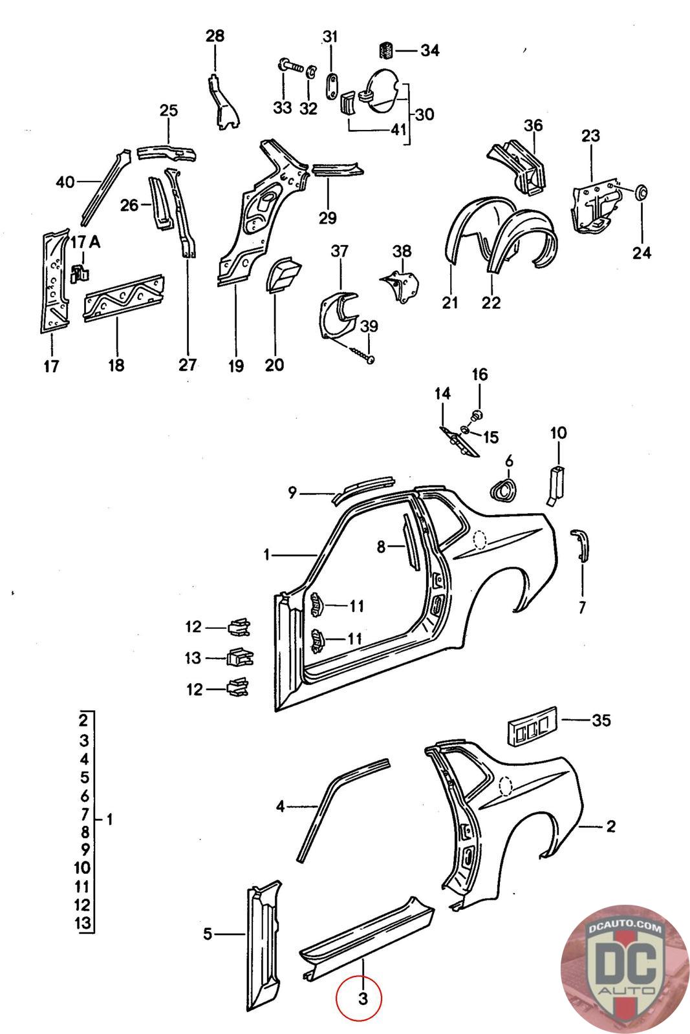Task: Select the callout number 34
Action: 429,50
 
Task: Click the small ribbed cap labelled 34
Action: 386,50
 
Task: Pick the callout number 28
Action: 215,36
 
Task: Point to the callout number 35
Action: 601,720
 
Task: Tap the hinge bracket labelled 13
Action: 239,657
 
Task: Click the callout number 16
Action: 479,375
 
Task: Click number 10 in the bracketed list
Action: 83,868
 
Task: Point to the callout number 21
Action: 450,302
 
